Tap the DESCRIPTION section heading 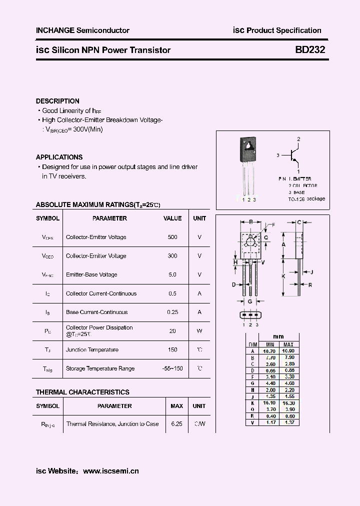pos(57,101)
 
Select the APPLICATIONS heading pos(59,157)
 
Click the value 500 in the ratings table pos(172,237)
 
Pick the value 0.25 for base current pos(172,312)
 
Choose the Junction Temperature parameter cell pos(92,350)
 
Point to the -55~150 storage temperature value pos(172,368)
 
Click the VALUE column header pos(172,218)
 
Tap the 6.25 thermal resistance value pos(176,424)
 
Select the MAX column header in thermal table pos(176,406)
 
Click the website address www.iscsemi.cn pos(110,471)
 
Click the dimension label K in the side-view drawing pos(283,276)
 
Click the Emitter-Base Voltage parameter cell pos(91,274)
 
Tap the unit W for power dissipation pos(199,331)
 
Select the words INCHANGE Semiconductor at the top pos(82,30)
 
